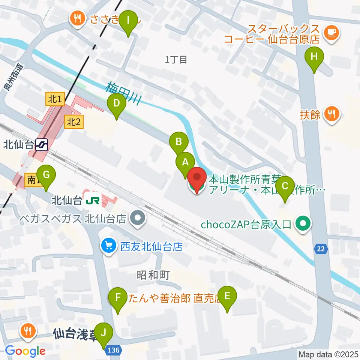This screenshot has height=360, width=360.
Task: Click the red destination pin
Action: (x=197, y=180)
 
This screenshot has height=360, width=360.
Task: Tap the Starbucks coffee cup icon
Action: (x=331, y=33)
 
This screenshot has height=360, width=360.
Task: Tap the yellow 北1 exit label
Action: (x=54, y=99)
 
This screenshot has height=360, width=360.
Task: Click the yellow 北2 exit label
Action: (x=73, y=121)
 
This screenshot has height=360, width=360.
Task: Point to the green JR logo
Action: (x=92, y=201)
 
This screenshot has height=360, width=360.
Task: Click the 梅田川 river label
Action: (x=123, y=94)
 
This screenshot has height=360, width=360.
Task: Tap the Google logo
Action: (x=25, y=351)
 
